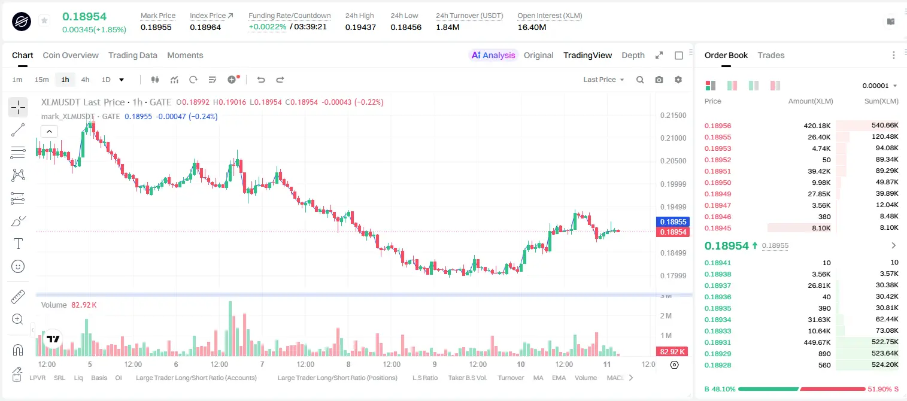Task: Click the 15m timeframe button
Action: [x=42, y=80]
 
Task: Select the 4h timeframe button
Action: [x=85, y=80]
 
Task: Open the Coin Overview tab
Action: [x=71, y=55]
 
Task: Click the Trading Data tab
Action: [x=133, y=55]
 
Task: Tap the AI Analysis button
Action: [x=493, y=55]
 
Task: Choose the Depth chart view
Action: [x=633, y=55]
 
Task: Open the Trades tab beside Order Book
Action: [x=771, y=55]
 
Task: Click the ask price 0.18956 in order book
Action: [x=718, y=126]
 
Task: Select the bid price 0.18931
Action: [x=718, y=342]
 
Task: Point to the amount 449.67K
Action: [x=817, y=342]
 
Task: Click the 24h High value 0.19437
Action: [x=360, y=27]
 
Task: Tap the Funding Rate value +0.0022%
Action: [x=267, y=27]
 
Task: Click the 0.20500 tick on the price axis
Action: [x=674, y=160]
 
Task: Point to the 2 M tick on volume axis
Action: [x=666, y=315]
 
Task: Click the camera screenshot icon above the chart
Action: [x=659, y=80]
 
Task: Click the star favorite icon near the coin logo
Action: [x=44, y=20]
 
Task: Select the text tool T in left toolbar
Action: [x=18, y=244]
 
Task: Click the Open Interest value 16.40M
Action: [x=532, y=27]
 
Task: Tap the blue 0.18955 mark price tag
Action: [x=673, y=221]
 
